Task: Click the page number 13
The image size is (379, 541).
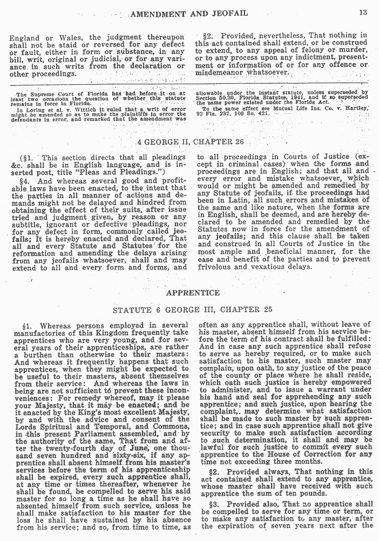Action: (x=363, y=12)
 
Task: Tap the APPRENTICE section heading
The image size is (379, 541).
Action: (x=193, y=293)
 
